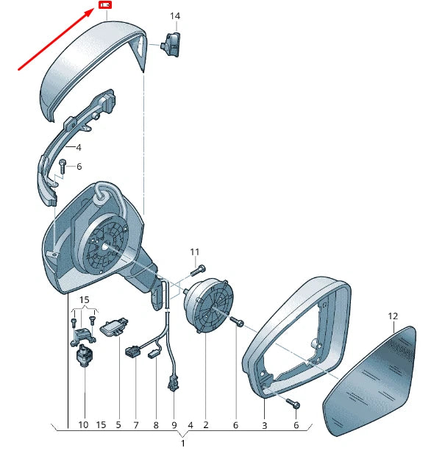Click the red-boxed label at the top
[105, 5]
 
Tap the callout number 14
[175, 16]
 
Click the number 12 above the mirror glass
[393, 316]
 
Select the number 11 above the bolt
[195, 252]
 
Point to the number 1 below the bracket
[183, 444]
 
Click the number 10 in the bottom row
[83, 424]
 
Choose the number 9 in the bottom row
[174, 425]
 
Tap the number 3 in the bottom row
[264, 425]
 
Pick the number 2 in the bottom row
[206, 424]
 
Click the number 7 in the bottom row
[136, 425]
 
